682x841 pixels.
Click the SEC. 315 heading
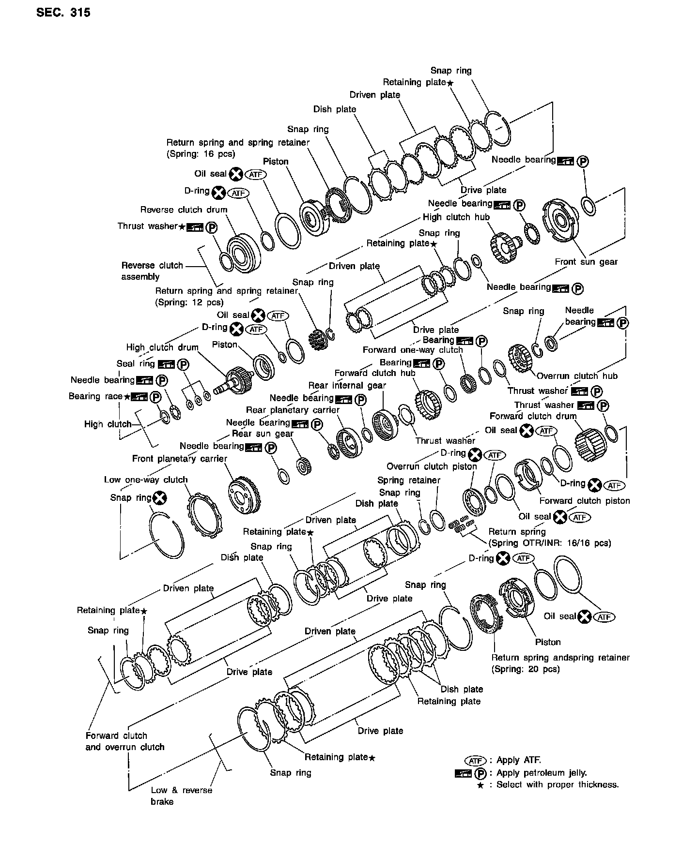tap(63, 13)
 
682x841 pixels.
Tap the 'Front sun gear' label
tap(586, 262)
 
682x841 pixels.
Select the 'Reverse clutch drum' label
tap(184, 210)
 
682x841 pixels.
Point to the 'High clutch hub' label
tap(456, 217)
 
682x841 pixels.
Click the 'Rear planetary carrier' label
tap(293, 410)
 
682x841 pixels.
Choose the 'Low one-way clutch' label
tap(146, 480)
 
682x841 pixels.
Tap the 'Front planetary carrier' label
tap(180, 458)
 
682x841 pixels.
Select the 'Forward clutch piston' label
tap(585, 501)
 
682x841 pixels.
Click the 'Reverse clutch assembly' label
tap(152, 271)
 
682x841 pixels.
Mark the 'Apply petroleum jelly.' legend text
tap(541, 773)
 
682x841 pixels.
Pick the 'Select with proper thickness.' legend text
tap(558, 784)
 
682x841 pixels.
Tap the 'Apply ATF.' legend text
tap(519, 760)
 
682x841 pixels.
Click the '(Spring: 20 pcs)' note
tap(526, 669)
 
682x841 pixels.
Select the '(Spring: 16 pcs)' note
tap(201, 154)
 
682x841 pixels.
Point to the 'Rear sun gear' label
tap(263, 434)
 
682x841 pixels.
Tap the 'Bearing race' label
tap(95, 396)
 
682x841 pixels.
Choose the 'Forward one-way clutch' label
tap(413, 350)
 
